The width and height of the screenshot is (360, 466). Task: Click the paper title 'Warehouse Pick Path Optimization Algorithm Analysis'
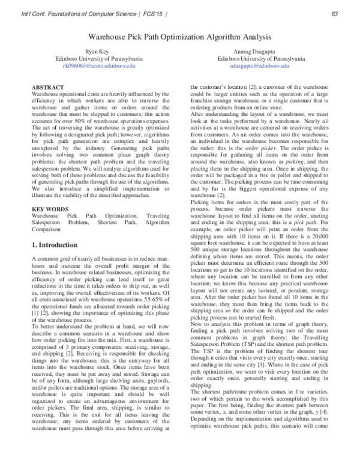179,37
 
